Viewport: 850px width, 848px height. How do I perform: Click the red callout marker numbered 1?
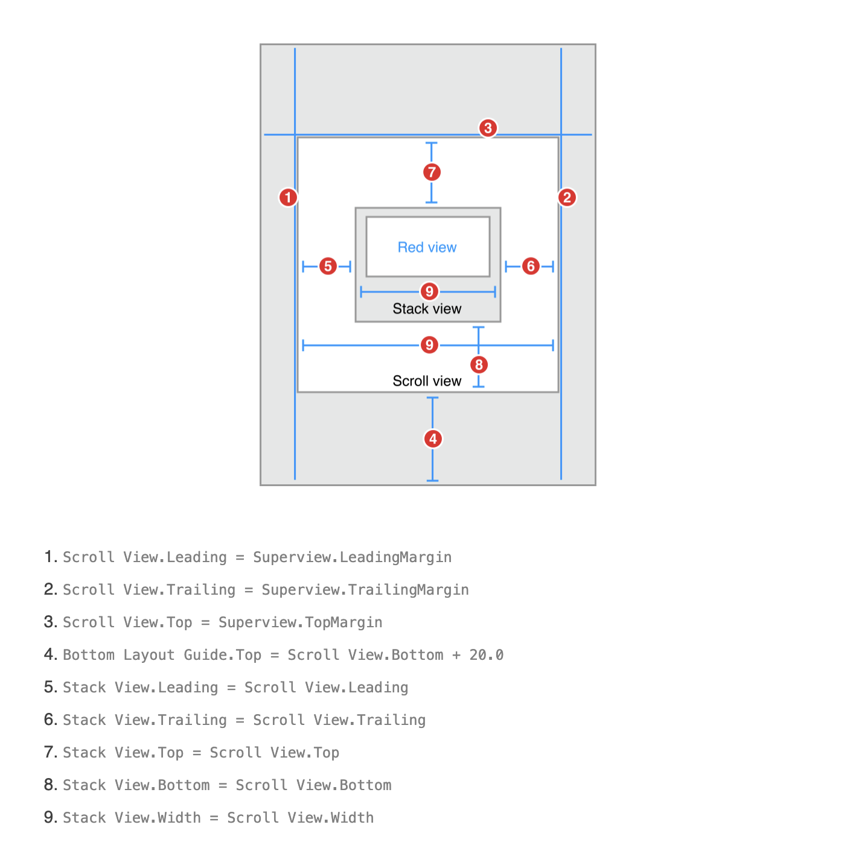point(288,197)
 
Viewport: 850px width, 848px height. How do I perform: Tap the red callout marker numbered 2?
point(566,197)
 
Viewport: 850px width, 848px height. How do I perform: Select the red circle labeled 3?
point(488,128)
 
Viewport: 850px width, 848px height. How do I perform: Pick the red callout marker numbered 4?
point(433,438)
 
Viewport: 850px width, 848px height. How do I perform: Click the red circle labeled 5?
point(328,266)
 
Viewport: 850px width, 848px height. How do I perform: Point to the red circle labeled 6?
point(531,266)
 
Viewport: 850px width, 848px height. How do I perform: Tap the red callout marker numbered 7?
point(432,172)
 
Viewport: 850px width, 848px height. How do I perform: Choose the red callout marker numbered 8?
point(479,364)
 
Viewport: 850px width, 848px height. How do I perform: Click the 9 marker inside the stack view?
point(429,291)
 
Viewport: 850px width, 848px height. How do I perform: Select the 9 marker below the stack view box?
point(429,345)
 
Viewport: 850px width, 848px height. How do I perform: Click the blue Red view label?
point(427,247)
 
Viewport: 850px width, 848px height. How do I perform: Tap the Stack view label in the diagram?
point(427,309)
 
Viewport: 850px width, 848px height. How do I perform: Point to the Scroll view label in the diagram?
point(427,381)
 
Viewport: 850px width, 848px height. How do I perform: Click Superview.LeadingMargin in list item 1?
point(352,557)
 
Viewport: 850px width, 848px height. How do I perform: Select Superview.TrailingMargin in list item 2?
point(365,590)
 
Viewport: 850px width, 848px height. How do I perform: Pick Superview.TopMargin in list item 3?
point(300,622)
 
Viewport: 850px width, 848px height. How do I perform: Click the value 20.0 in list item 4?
point(486,655)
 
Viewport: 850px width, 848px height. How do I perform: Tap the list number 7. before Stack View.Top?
point(51,752)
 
